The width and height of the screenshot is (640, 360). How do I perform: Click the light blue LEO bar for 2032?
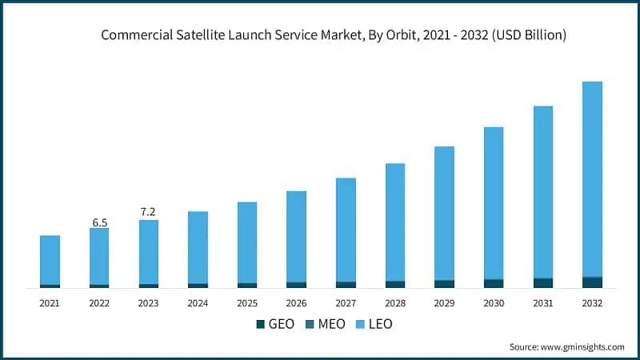coord(592,179)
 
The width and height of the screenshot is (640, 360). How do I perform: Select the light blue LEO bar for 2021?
coord(50,260)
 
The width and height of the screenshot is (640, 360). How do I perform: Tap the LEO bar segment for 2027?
coord(346,230)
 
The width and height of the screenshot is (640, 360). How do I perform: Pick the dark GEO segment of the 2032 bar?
coord(592,282)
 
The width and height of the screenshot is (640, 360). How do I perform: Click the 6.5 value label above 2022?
coord(100,222)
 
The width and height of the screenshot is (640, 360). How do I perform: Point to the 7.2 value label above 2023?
coord(148,212)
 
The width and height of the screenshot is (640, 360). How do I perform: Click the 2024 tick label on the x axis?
coord(198,304)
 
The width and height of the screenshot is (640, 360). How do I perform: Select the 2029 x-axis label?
coord(444,304)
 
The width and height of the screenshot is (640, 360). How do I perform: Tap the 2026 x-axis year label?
coord(296,304)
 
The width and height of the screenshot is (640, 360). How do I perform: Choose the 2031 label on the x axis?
coord(543,304)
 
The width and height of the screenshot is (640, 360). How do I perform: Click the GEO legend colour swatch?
coord(260,324)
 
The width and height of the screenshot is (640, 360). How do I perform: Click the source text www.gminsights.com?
coord(583,346)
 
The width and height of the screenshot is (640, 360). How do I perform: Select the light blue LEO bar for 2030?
coord(494,203)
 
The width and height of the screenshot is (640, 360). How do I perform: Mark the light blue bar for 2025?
coord(247,242)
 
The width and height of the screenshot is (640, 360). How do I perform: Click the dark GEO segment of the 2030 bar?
coord(494,283)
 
